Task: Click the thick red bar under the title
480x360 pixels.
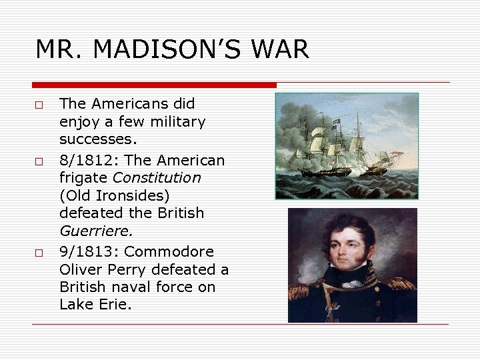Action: point(154,85)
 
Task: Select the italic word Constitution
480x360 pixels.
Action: point(157,178)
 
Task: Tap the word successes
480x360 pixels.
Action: point(97,140)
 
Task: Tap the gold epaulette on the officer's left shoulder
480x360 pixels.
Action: point(399,287)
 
